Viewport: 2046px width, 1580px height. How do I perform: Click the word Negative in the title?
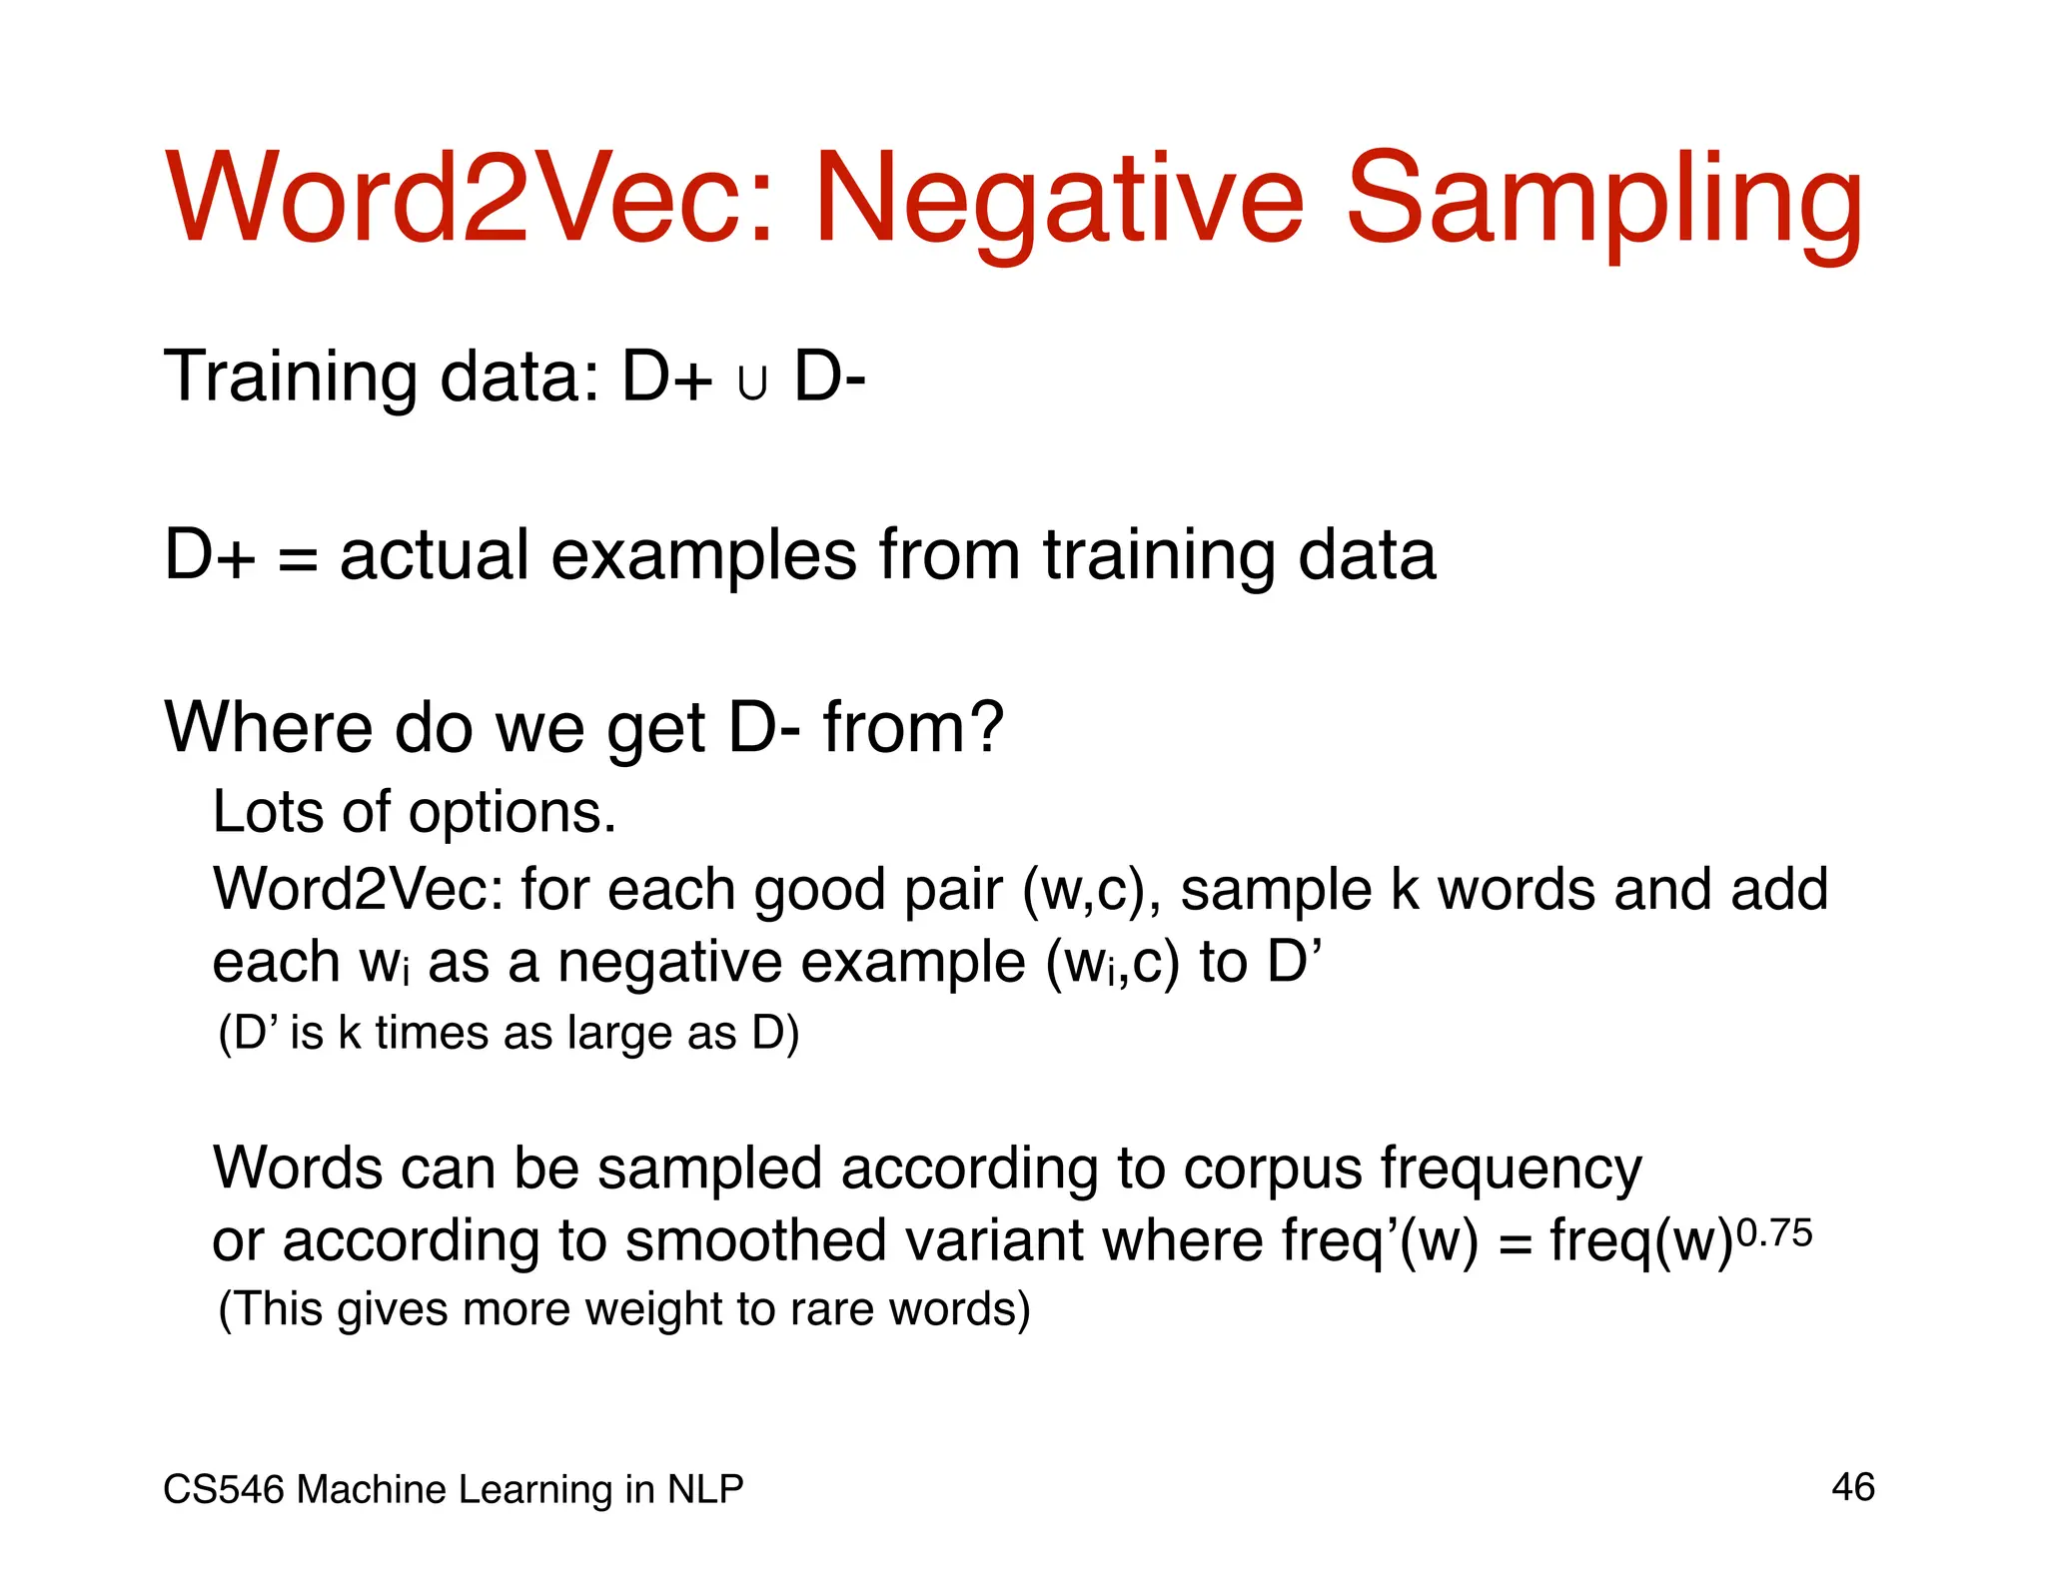coord(1059,200)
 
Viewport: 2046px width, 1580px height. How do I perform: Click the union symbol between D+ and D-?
coord(752,384)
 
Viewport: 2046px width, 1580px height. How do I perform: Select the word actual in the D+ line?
coord(434,555)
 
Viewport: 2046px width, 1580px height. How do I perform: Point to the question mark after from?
coord(985,727)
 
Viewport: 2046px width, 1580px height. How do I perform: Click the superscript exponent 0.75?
coord(1774,1234)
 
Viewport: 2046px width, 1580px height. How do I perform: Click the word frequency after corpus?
coord(1511,1169)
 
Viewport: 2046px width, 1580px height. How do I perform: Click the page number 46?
coord(1852,1487)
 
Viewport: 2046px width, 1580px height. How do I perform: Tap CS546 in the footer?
coord(224,1490)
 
